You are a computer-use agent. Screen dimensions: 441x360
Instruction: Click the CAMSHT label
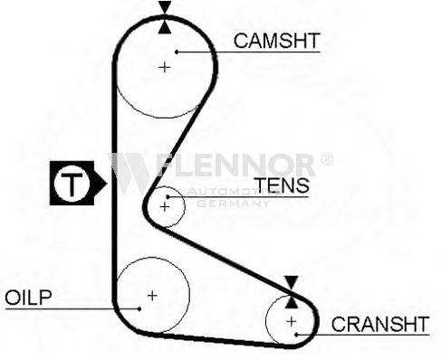coord(276,41)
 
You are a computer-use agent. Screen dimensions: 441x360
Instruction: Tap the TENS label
coord(282,185)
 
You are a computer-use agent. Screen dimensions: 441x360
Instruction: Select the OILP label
coord(28,298)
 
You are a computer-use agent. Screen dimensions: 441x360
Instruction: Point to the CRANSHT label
coord(380,324)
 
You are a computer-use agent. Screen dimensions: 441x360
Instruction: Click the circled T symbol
coord(72,184)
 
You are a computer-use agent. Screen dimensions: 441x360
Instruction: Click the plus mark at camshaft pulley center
coord(165,67)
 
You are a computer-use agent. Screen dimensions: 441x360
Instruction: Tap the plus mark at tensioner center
coord(165,207)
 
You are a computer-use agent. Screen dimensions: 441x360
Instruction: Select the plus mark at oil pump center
coord(152,296)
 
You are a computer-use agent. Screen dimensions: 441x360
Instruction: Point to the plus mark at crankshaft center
coord(292,321)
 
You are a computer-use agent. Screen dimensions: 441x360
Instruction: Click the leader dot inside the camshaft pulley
coord(177,52)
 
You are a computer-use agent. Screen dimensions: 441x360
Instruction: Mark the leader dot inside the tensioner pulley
coord(168,197)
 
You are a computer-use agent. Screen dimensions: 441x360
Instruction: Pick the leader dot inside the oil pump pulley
coord(139,308)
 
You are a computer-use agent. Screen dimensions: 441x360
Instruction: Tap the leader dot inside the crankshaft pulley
coord(296,335)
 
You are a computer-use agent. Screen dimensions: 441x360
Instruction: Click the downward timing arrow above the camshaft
coord(165,7)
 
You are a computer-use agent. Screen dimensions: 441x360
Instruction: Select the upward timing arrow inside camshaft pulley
coord(165,27)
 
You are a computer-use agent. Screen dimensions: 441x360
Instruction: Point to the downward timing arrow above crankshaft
coord(292,282)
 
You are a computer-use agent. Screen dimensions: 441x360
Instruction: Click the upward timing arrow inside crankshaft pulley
coord(292,302)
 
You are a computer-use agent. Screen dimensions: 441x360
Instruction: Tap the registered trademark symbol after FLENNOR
coord(327,159)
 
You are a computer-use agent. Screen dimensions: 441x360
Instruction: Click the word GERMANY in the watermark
coord(233,204)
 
